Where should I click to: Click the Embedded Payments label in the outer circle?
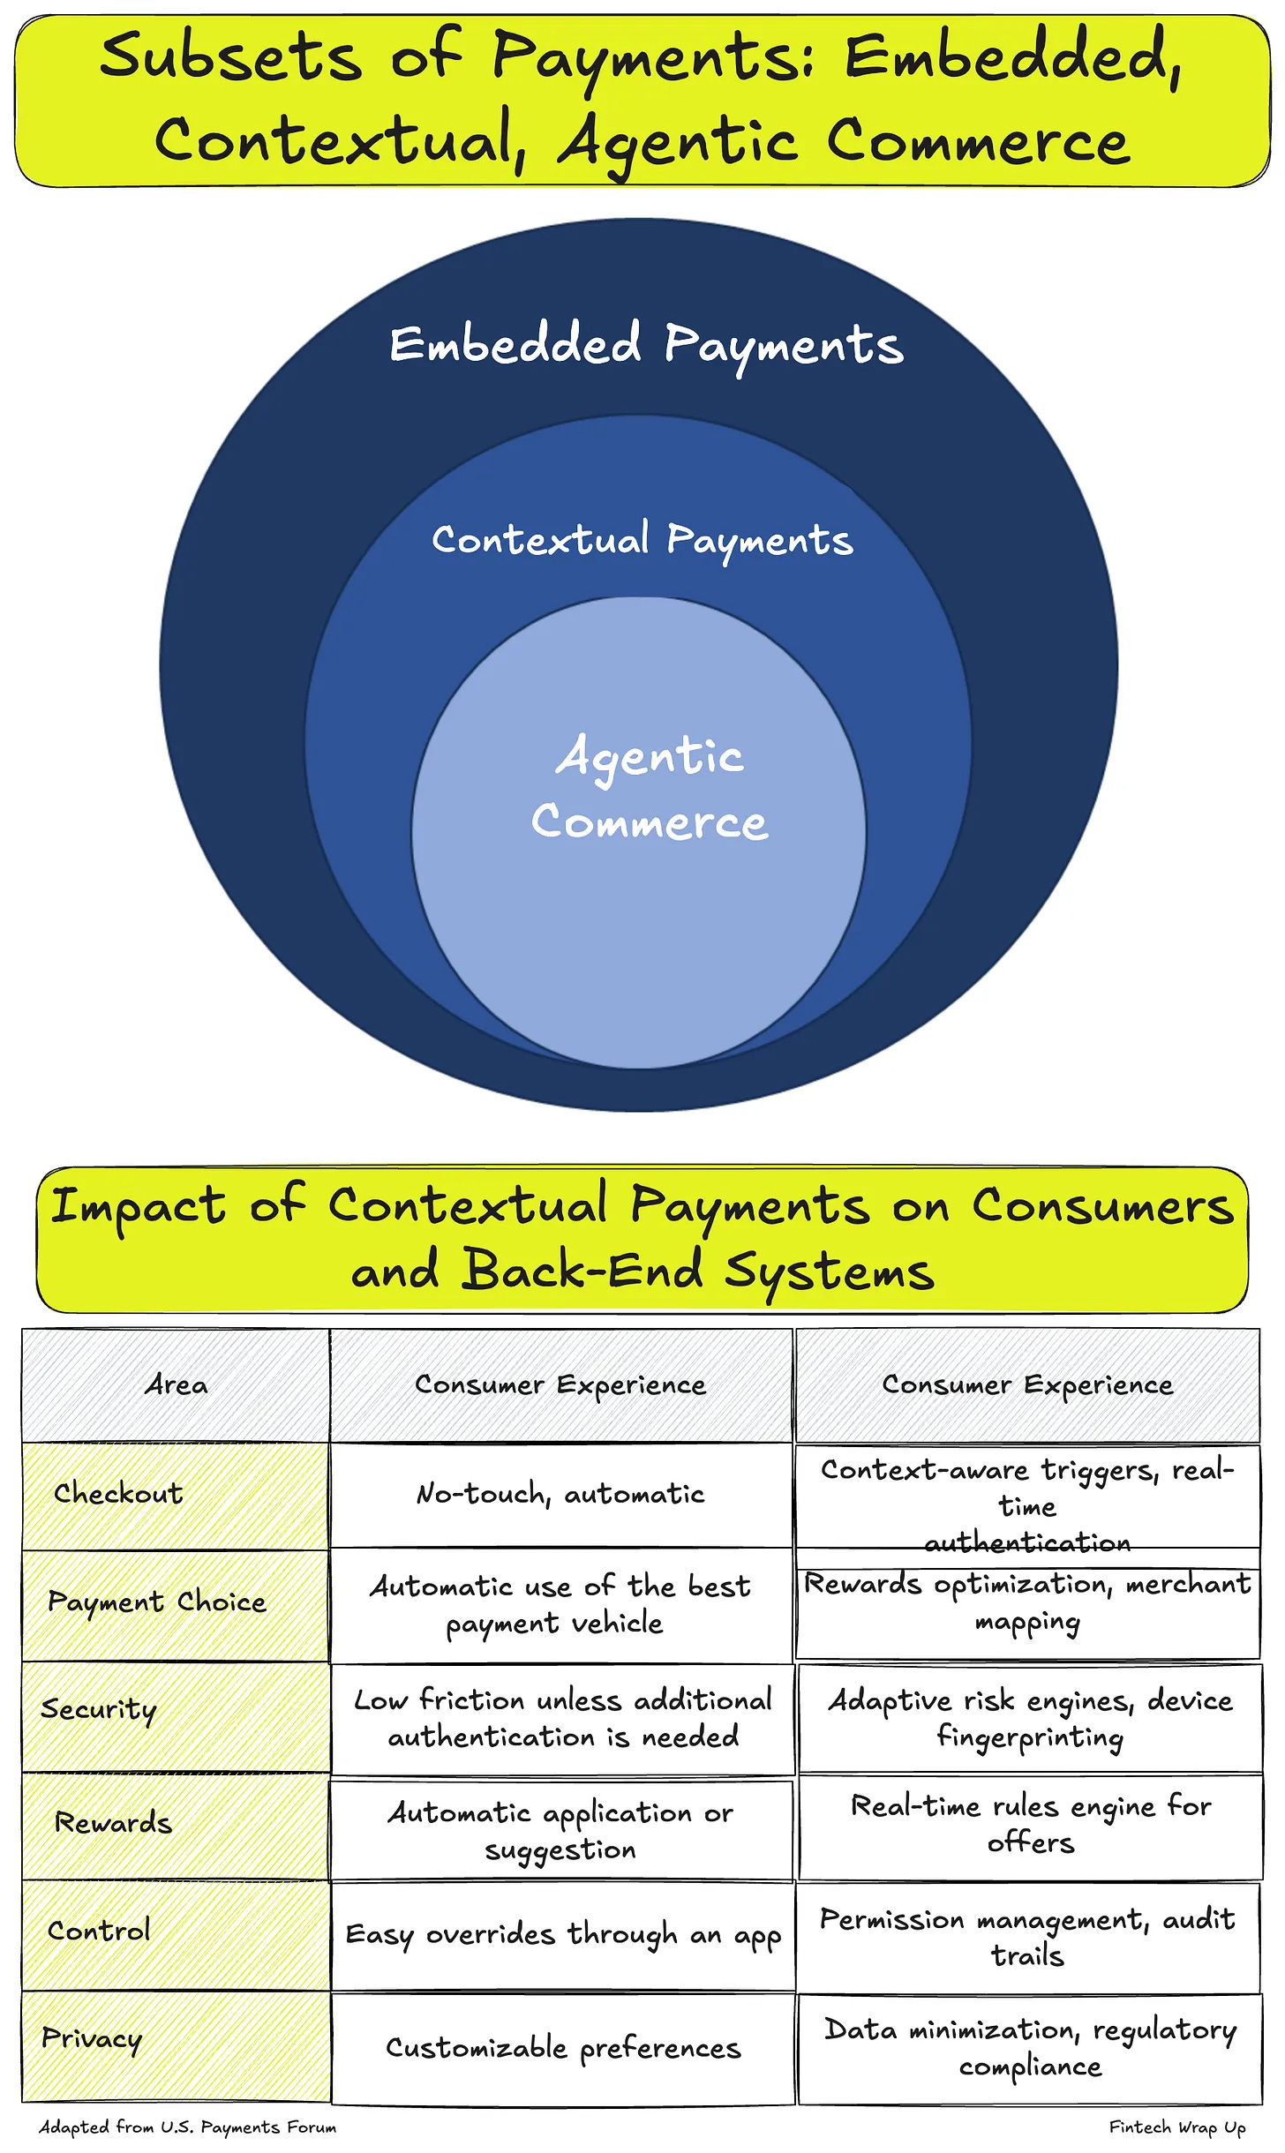(647, 345)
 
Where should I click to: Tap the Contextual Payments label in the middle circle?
(642, 540)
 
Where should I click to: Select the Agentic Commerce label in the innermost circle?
(650, 788)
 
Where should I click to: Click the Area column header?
(177, 1384)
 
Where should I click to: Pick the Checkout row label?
(118, 1493)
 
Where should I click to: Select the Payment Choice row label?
(157, 1602)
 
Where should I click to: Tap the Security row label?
(99, 1709)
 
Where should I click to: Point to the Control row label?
(99, 1930)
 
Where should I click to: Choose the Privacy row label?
(92, 2038)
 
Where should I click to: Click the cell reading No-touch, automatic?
(561, 1494)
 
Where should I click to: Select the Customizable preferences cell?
(563, 2048)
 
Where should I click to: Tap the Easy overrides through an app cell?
(563, 1934)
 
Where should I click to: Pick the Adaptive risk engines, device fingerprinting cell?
(1030, 1717)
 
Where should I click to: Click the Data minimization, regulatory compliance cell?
(1030, 2047)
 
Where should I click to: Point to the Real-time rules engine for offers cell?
(1030, 1824)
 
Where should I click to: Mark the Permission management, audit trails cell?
(1027, 1936)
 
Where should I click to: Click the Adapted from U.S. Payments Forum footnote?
(188, 2127)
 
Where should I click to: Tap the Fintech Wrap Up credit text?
(1177, 2127)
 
